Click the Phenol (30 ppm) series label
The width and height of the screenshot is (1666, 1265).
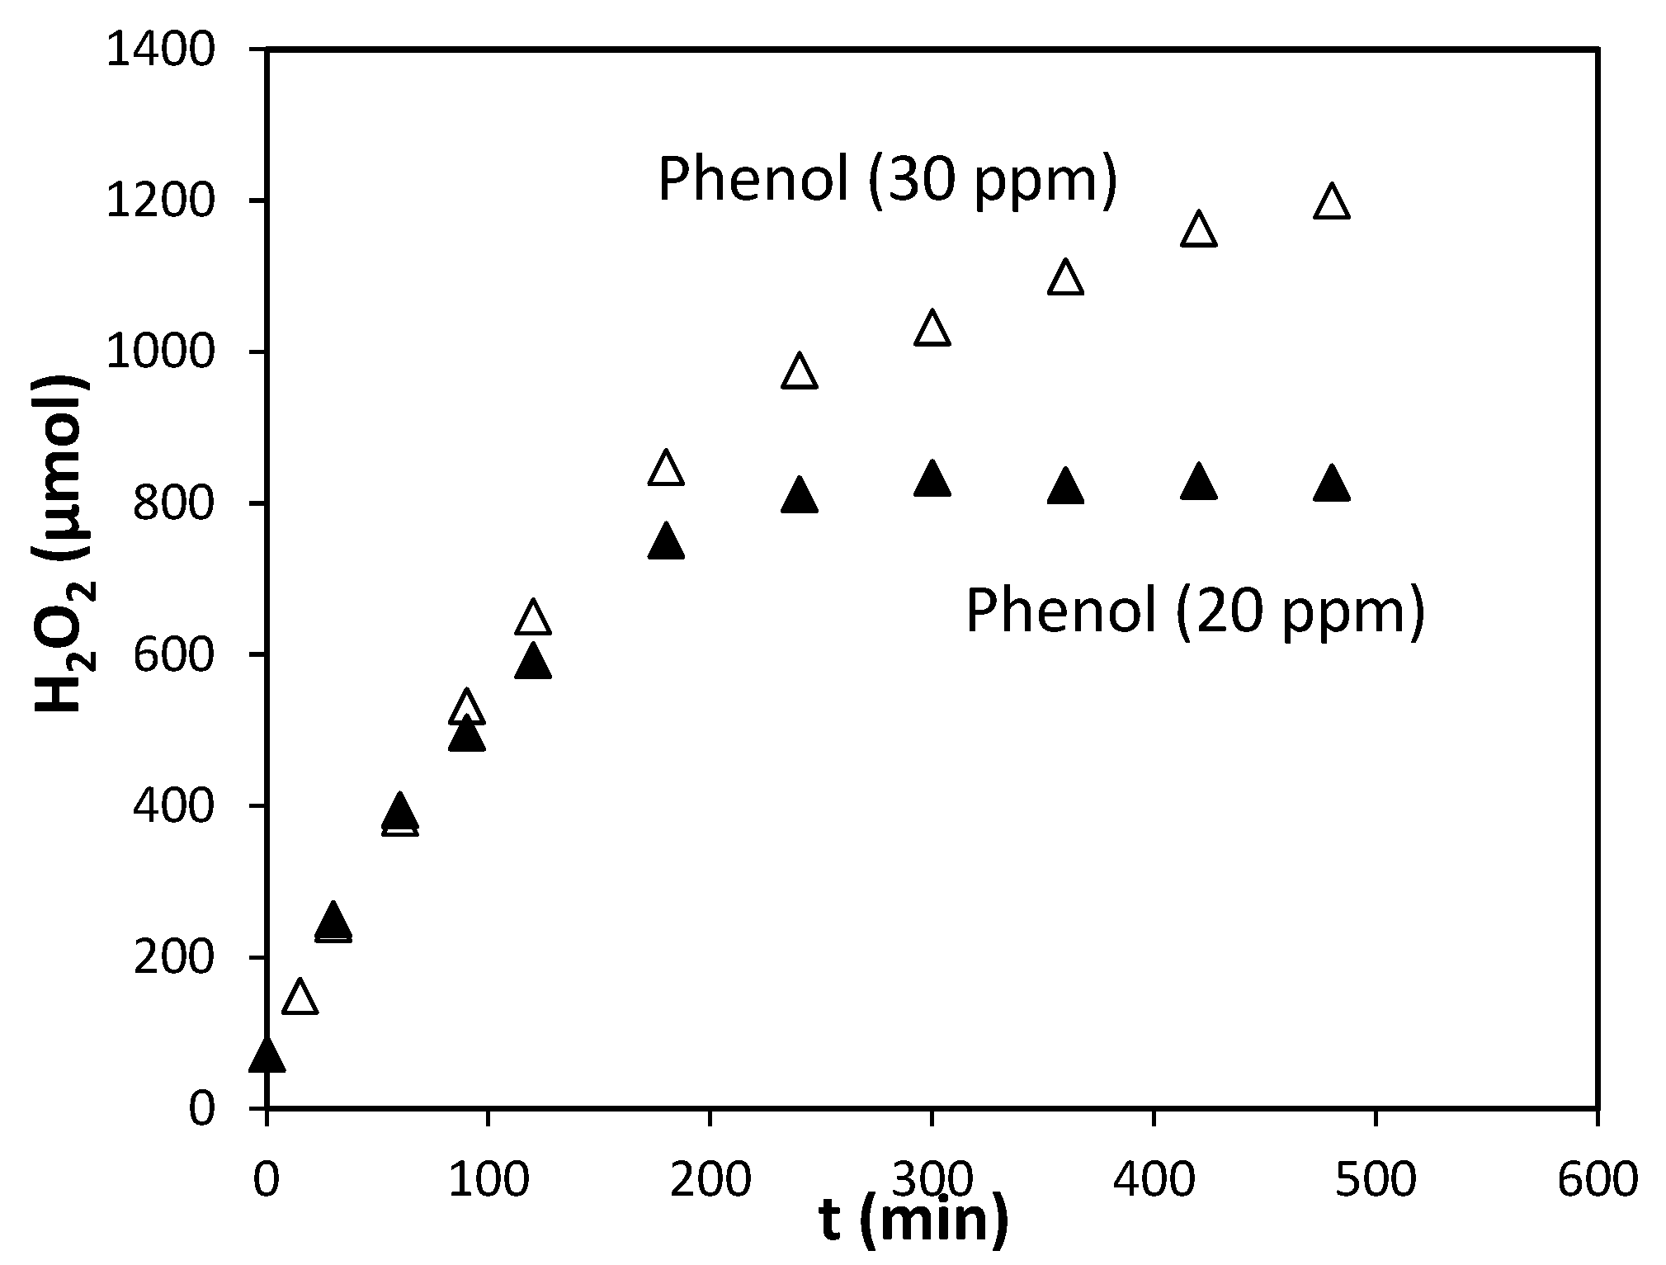(887, 179)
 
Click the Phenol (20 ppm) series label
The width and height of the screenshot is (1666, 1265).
(1195, 611)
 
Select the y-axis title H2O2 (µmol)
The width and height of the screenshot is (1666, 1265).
(64, 545)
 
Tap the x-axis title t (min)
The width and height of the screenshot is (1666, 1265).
(914, 1220)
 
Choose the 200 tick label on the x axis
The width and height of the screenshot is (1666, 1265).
(710, 1180)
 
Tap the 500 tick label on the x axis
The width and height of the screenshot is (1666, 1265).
(1376, 1180)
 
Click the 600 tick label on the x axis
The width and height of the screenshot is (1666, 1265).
(1598, 1180)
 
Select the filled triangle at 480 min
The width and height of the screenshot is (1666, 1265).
(1331, 484)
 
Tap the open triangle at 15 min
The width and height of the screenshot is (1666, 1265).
(300, 998)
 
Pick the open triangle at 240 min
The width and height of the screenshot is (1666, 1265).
(799, 372)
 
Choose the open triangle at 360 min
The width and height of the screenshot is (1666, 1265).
(1065, 278)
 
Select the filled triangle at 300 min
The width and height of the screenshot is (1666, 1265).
(932, 479)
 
